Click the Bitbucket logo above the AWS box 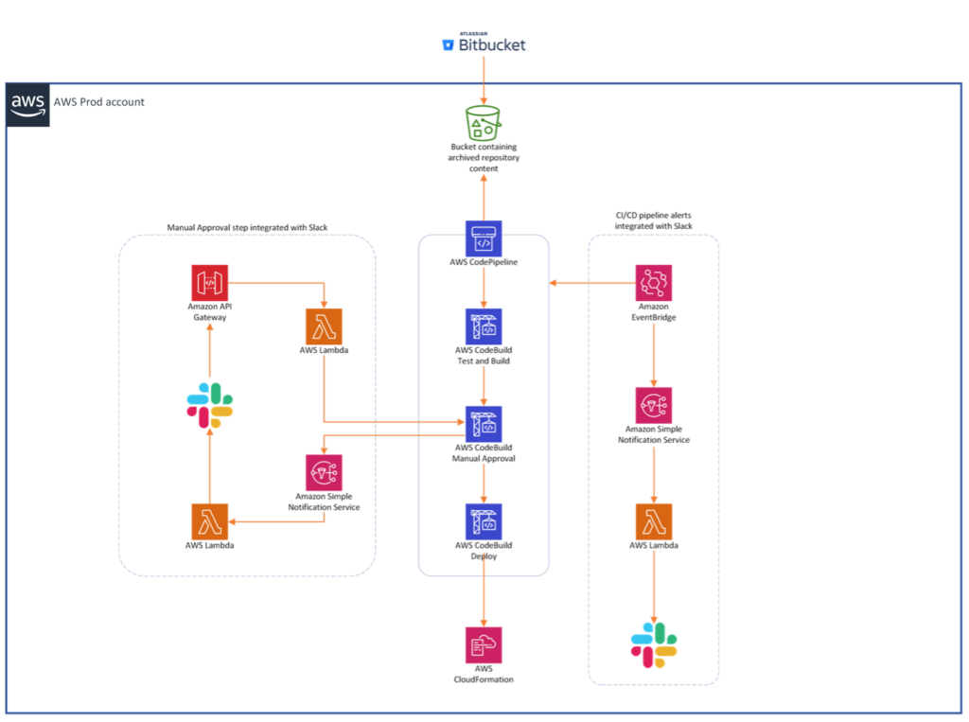click(x=484, y=44)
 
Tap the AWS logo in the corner click(x=28, y=105)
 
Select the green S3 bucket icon click(x=483, y=124)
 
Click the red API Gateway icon click(x=209, y=283)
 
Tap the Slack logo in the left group click(x=209, y=405)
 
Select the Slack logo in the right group click(x=654, y=644)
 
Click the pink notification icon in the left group click(x=324, y=472)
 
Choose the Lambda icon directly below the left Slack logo click(x=209, y=521)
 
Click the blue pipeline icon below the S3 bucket click(x=484, y=238)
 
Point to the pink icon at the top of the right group click(x=654, y=283)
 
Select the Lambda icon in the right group click(x=654, y=521)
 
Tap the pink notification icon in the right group click(x=654, y=405)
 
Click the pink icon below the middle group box click(x=484, y=644)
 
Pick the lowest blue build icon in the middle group click(x=484, y=521)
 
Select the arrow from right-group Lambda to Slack click(x=654, y=582)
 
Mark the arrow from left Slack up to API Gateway click(x=210, y=350)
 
